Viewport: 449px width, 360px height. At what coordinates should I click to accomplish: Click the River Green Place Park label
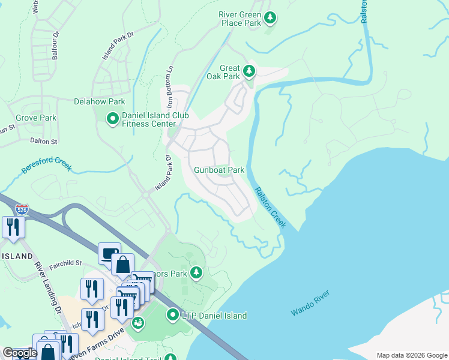[240, 18]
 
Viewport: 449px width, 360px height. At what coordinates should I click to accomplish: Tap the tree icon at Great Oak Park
[249, 72]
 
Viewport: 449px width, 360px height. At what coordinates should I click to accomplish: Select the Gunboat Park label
[218, 170]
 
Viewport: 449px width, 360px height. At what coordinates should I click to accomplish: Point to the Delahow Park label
[99, 102]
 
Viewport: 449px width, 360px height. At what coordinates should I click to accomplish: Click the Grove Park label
[36, 118]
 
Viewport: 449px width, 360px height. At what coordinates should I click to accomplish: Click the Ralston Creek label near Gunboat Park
[270, 208]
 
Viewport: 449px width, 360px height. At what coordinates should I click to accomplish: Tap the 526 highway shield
[22, 209]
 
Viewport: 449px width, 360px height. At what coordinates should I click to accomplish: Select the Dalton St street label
[43, 141]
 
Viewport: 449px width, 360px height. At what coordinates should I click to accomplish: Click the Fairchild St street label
[66, 262]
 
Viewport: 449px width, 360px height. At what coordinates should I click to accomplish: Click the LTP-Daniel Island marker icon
[173, 314]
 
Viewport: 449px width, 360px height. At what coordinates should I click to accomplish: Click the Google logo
[20, 353]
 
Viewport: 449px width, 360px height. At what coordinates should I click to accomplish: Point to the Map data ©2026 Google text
[411, 355]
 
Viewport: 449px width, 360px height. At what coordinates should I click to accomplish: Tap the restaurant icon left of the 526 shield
[12, 227]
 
